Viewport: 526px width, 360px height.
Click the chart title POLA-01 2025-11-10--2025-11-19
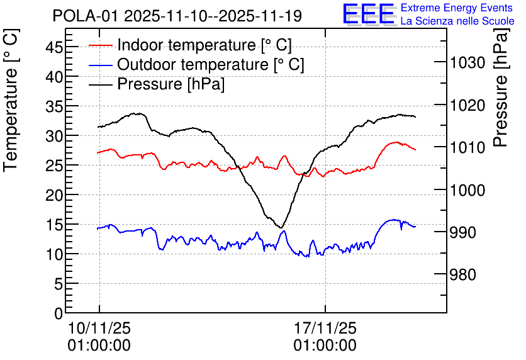click(x=177, y=16)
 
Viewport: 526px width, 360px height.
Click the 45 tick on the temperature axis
click(x=54, y=47)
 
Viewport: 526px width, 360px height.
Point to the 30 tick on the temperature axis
click(x=54, y=136)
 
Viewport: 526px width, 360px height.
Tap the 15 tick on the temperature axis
click(x=54, y=225)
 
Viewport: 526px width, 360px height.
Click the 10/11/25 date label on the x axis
click(x=99, y=329)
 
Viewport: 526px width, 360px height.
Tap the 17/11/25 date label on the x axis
click(x=325, y=329)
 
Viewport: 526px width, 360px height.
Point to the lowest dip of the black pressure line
click(x=281, y=227)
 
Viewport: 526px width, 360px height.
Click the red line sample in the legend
click(x=101, y=45)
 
